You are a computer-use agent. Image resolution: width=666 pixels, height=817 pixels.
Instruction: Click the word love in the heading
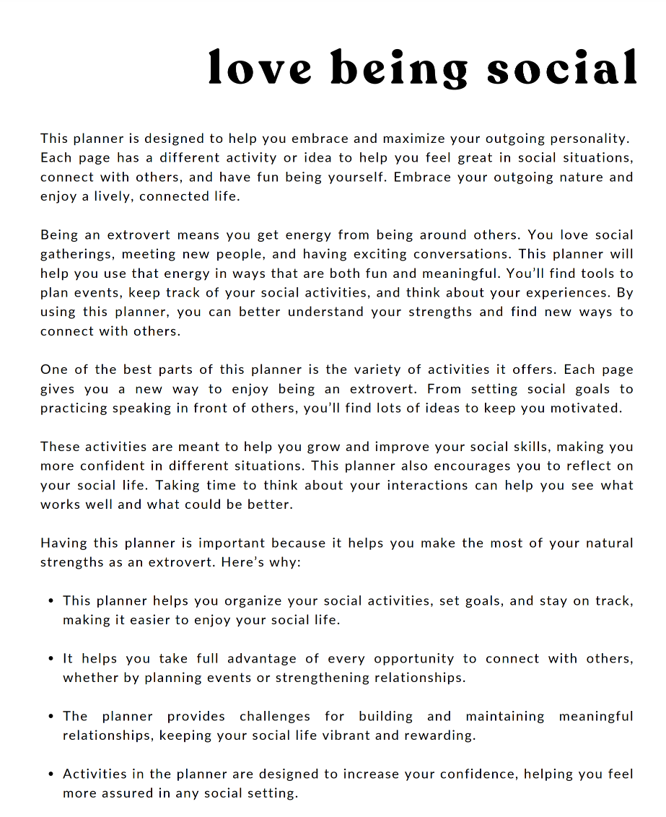tap(260, 69)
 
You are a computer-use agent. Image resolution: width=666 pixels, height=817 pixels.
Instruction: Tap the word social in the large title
tap(562, 69)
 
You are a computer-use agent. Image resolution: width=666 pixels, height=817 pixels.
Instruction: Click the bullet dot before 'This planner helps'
tap(51, 601)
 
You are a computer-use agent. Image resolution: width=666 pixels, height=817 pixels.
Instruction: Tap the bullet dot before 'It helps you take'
tap(51, 659)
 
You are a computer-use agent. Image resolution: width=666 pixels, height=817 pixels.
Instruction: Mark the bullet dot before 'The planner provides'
tap(51, 717)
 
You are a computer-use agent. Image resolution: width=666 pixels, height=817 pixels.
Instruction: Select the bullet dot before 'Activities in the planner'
tap(51, 774)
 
